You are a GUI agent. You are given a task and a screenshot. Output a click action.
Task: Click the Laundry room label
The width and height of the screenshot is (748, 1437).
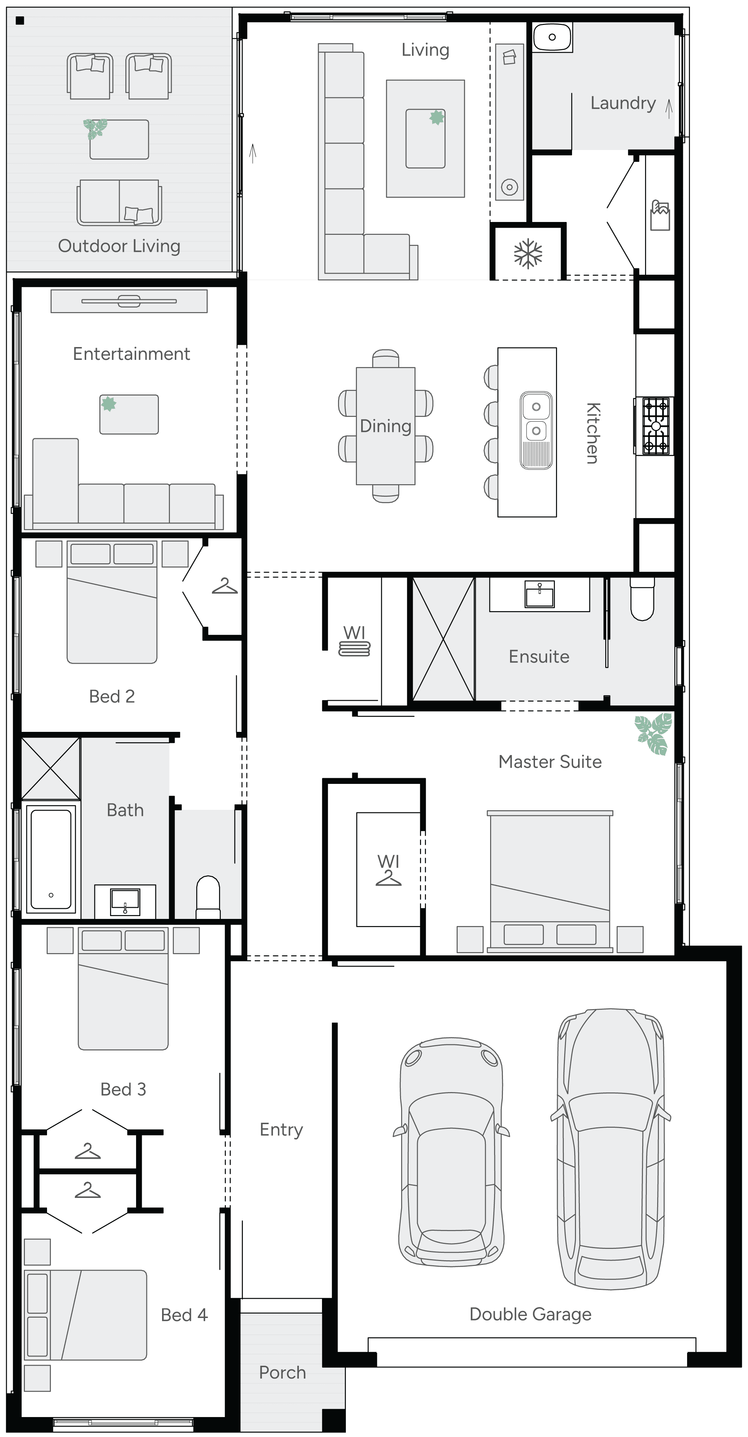point(623,103)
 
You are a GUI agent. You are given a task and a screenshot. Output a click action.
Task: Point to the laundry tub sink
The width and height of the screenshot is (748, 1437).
point(552,37)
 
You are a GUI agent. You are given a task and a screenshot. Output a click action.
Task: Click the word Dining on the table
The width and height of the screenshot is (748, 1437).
point(385,426)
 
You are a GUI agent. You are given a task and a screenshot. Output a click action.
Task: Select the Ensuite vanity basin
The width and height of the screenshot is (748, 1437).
point(539,594)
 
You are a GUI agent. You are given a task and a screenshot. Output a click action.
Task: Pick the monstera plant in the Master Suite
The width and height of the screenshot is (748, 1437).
point(653,734)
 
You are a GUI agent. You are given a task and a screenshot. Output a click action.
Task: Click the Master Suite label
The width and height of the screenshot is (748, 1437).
point(550,761)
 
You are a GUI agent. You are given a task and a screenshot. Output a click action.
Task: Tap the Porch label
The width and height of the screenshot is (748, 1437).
point(282,1372)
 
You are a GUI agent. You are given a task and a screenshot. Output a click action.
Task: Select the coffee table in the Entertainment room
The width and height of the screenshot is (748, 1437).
point(129,414)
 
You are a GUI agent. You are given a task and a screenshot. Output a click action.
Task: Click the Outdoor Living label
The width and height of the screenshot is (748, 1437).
point(119,246)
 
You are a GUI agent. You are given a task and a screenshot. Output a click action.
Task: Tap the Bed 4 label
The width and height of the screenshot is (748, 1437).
point(184,1315)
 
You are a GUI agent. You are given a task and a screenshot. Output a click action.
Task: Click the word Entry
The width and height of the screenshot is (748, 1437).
point(281,1130)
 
